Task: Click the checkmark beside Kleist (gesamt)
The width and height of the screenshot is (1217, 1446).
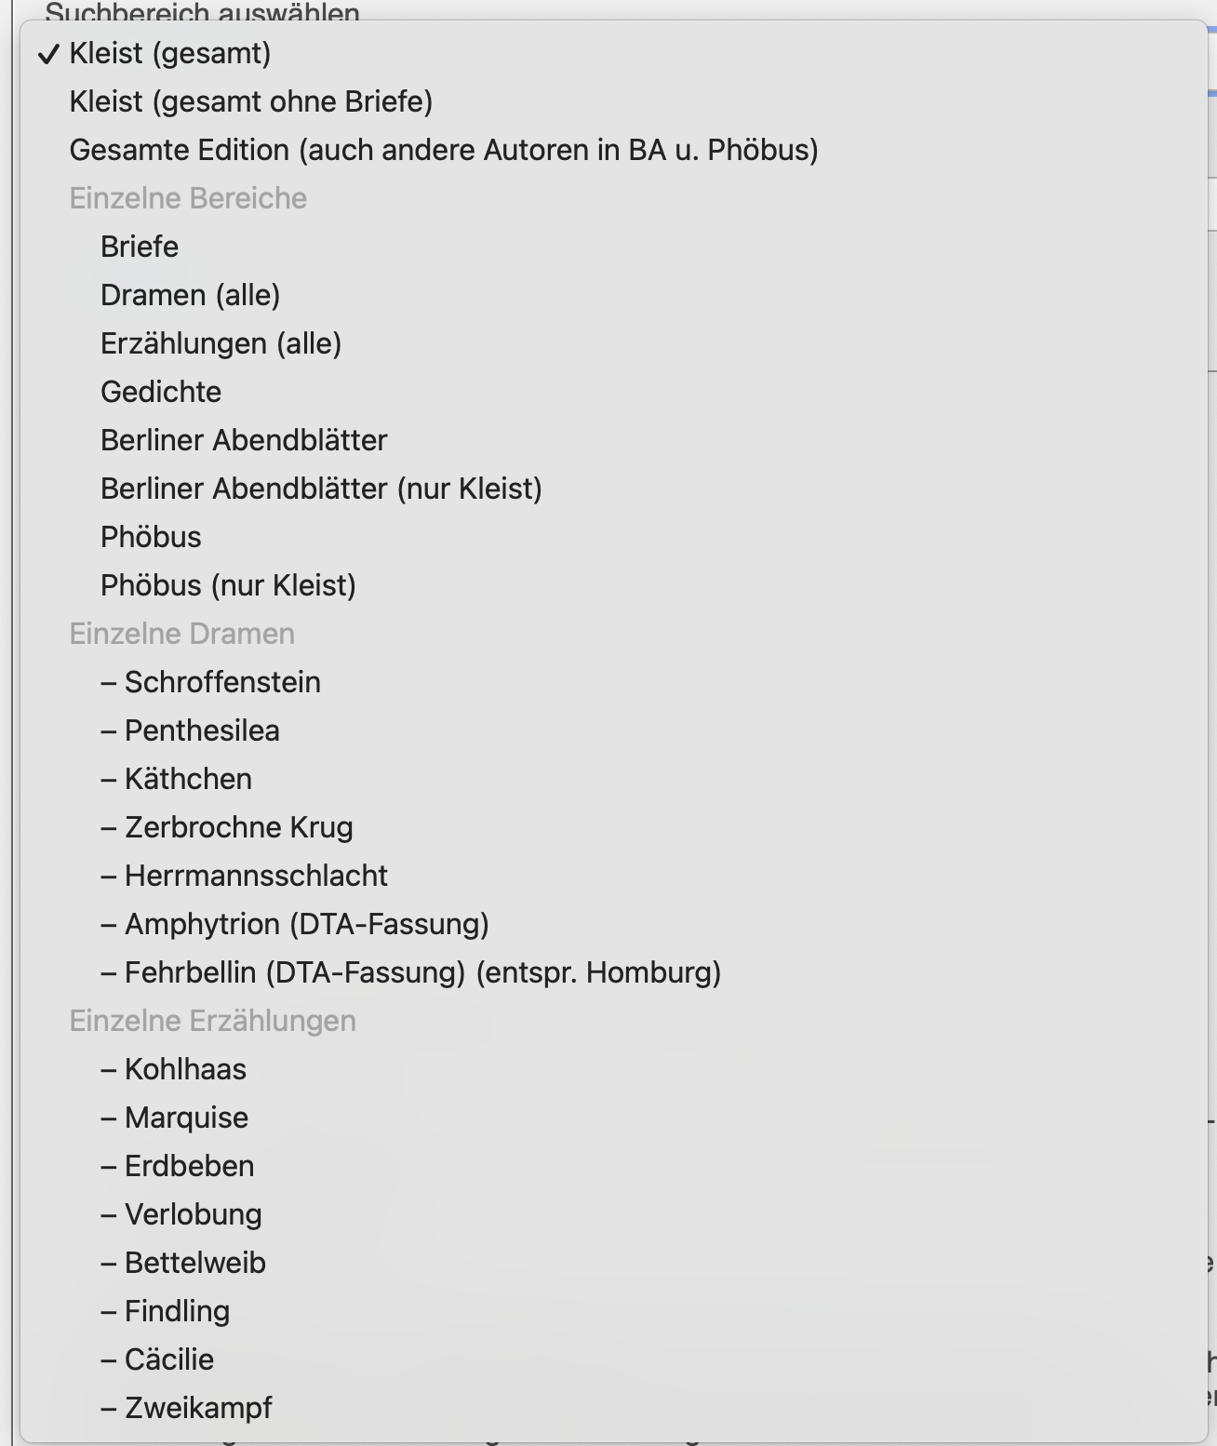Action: click(48, 54)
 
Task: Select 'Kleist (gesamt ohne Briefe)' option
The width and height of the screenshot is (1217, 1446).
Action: click(250, 101)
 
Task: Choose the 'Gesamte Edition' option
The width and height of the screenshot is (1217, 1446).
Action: click(443, 150)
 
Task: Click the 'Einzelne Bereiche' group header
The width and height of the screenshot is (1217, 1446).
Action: click(188, 198)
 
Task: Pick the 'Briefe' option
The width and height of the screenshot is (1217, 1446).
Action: click(140, 247)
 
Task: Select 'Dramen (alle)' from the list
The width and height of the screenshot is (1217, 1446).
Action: click(190, 295)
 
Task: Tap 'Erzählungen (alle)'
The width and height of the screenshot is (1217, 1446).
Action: click(221, 343)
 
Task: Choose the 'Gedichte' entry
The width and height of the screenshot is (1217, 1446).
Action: click(161, 392)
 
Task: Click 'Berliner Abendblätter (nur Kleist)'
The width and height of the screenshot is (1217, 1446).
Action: click(321, 489)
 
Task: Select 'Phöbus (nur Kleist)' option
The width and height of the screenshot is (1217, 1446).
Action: click(228, 585)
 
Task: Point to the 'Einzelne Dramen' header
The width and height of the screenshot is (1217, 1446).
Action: click(181, 634)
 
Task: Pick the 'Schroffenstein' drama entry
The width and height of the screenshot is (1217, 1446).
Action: click(221, 682)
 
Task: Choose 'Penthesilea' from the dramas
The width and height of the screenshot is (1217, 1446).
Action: click(201, 730)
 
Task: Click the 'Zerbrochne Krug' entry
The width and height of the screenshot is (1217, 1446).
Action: click(238, 827)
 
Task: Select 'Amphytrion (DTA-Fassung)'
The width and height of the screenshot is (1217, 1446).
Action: click(306, 924)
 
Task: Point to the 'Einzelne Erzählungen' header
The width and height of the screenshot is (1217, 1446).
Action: click(212, 1021)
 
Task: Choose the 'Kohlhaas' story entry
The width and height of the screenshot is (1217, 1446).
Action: click(185, 1069)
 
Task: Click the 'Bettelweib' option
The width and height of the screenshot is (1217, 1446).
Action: click(194, 1263)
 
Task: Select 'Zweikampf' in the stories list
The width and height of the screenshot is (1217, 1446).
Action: click(197, 1408)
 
